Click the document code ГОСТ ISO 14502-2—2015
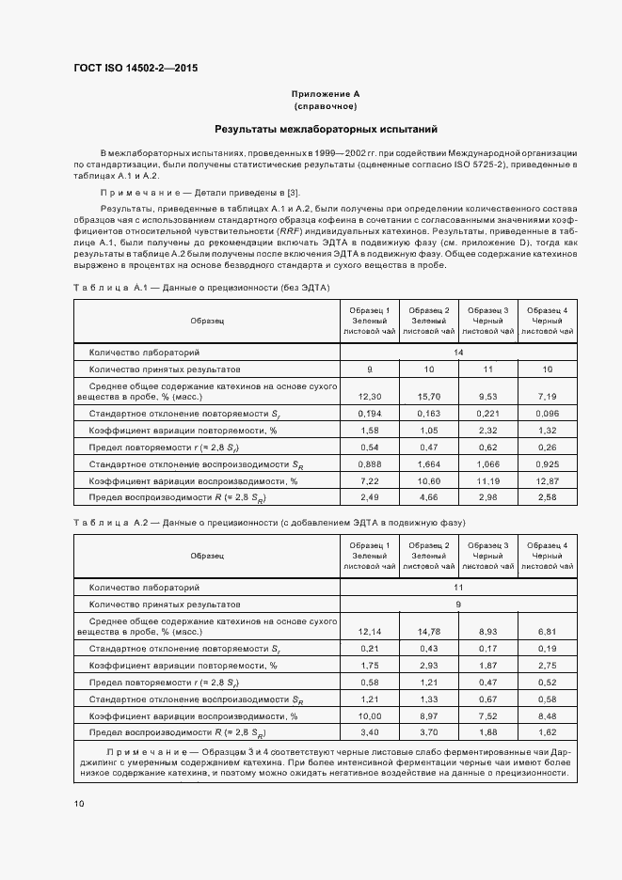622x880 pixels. click(136, 69)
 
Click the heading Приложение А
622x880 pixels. click(326, 94)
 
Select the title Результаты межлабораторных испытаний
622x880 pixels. click(326, 129)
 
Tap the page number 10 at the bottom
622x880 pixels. click(79, 804)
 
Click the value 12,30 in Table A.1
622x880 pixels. click(370, 397)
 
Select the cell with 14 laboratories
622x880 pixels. click(458, 353)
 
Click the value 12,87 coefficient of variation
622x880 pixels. click(546, 480)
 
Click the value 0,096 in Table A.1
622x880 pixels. click(546, 414)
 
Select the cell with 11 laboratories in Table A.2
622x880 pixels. click(458, 587)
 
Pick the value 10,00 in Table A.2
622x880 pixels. click(370, 715)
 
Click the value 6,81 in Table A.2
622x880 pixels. click(546, 632)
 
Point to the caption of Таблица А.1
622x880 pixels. click(201, 287)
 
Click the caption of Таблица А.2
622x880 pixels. click(269, 522)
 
